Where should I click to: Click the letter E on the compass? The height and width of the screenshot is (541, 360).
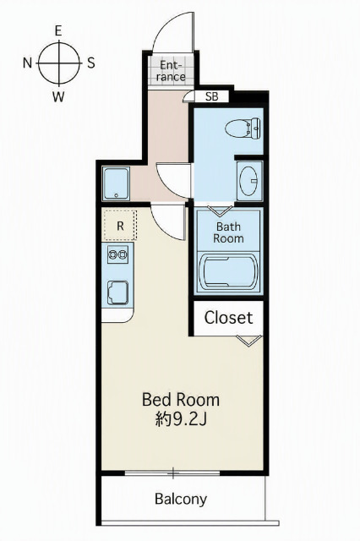coord(58,31)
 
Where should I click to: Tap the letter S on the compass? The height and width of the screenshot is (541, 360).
coord(90,63)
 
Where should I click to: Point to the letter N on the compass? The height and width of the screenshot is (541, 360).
coord(27,63)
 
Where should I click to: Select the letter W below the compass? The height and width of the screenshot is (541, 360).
coord(58,97)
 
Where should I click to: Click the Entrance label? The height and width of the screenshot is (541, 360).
coord(171,71)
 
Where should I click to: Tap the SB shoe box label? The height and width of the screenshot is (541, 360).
coord(212,96)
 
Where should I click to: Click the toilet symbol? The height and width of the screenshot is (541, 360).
coord(243,128)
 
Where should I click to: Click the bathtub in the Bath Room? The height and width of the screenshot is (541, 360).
coord(229,271)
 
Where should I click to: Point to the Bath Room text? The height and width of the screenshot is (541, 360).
coord(228,232)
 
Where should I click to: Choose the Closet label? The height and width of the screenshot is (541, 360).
coord(228,318)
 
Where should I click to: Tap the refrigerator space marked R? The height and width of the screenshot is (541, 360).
coord(120,226)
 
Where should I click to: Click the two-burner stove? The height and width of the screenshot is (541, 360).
coord(117,254)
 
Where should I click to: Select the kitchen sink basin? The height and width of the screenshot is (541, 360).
coord(117,292)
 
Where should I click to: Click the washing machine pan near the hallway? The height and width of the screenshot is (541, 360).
coord(117,183)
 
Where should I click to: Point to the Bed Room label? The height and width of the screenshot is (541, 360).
coord(181,400)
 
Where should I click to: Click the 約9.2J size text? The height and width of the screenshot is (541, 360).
coord(181,419)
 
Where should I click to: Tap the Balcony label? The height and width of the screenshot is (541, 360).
coord(181,499)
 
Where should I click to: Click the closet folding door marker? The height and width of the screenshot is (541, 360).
coord(249,341)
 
